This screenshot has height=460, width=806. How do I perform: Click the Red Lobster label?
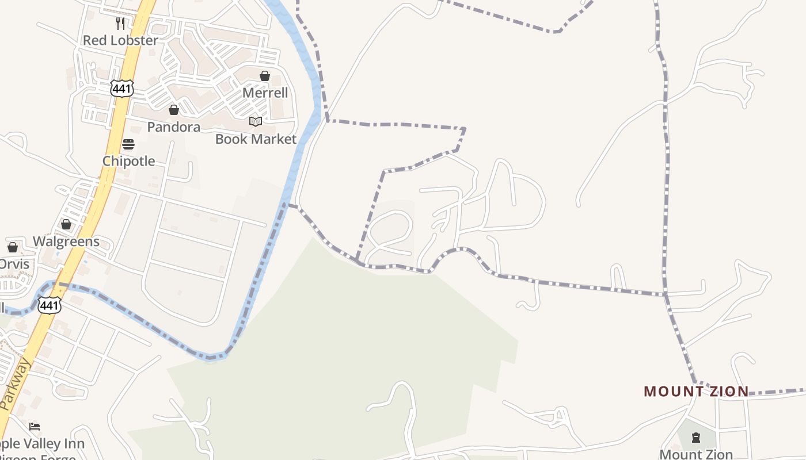click(x=120, y=40)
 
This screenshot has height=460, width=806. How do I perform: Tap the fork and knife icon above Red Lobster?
click(x=120, y=23)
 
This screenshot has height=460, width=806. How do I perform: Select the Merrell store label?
click(x=265, y=93)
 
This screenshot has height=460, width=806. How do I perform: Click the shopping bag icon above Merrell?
click(x=265, y=76)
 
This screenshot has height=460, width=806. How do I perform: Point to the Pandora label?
click(x=174, y=127)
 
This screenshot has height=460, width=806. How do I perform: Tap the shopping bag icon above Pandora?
click(x=174, y=110)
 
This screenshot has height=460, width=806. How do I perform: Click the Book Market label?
click(x=256, y=139)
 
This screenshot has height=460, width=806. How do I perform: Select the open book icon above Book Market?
click(x=256, y=121)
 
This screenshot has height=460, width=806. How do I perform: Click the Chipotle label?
click(x=128, y=161)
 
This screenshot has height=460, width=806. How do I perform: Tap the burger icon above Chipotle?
click(x=128, y=144)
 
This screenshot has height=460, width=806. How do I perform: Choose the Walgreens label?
click(x=66, y=241)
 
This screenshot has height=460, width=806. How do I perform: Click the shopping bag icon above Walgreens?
click(x=66, y=224)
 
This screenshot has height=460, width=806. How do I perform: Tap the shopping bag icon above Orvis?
click(x=13, y=247)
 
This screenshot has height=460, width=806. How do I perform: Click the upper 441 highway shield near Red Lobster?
click(x=123, y=89)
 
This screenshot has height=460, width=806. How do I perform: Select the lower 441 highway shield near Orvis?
click(x=50, y=305)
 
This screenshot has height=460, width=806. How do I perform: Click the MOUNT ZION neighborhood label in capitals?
click(x=696, y=392)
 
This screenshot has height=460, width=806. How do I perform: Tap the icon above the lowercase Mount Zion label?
click(x=696, y=438)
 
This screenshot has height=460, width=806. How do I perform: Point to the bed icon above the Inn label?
click(x=35, y=427)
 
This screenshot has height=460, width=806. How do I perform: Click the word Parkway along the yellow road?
click(x=14, y=385)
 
